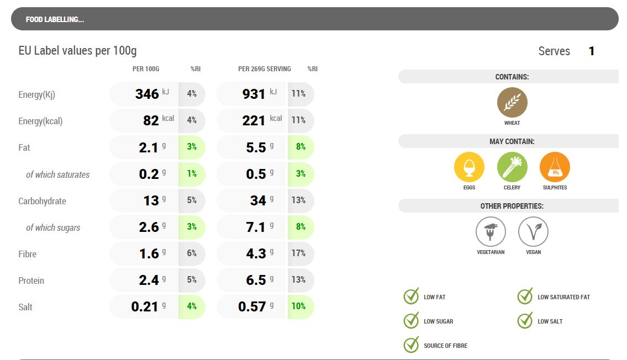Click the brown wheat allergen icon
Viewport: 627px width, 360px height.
(512, 103)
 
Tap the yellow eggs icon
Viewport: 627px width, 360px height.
(469, 167)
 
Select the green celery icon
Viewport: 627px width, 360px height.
(512, 167)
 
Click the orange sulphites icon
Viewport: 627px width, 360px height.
(555, 167)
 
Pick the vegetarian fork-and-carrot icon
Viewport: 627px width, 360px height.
(491, 231)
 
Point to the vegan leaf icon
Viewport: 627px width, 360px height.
(533, 231)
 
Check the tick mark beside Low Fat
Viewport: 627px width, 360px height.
(412, 297)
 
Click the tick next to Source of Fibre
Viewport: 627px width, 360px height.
(412, 345)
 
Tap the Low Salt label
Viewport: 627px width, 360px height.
(550, 321)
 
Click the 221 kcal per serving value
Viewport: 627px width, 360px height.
(254, 120)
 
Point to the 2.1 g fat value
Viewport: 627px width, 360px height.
(149, 147)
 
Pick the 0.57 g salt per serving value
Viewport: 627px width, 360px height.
(254, 306)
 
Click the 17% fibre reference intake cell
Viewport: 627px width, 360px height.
(299, 253)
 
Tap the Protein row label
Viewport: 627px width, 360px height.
(31, 280)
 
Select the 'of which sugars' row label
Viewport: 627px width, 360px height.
(53, 227)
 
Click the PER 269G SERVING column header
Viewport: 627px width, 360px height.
(264, 69)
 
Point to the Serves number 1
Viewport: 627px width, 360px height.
(592, 51)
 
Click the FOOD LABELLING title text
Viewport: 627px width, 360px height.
(55, 20)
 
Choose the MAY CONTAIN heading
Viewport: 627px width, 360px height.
(512, 141)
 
